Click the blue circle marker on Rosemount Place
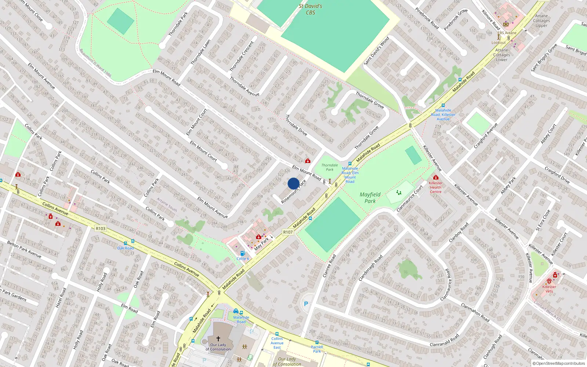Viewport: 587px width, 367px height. pos(293,183)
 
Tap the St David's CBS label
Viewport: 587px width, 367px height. pos(310,9)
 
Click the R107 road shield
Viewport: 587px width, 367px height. pos(288,232)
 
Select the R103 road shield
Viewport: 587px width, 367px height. pos(101,228)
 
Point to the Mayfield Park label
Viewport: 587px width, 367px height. pos(370,197)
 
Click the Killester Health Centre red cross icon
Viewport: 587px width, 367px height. pos(435,177)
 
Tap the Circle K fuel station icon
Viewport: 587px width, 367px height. pos(242,253)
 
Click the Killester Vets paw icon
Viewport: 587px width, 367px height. pos(549,281)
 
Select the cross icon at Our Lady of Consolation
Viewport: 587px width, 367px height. pos(218,338)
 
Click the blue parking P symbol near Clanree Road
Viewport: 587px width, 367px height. pos(306,304)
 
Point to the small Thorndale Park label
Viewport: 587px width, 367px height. pos(329,167)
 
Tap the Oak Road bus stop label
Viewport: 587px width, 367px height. pos(125,248)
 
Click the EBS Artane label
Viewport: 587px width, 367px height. pos(507,33)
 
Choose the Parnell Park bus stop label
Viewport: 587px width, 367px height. pos(317,349)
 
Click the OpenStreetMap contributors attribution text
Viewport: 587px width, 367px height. pos(558,363)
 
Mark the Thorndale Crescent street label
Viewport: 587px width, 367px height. pos(242,57)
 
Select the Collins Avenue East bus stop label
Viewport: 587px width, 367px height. pos(277,343)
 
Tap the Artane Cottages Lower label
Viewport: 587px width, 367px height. pos(502,55)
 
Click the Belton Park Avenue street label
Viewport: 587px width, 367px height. pos(24,249)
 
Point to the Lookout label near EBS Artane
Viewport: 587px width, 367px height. pos(499,43)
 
